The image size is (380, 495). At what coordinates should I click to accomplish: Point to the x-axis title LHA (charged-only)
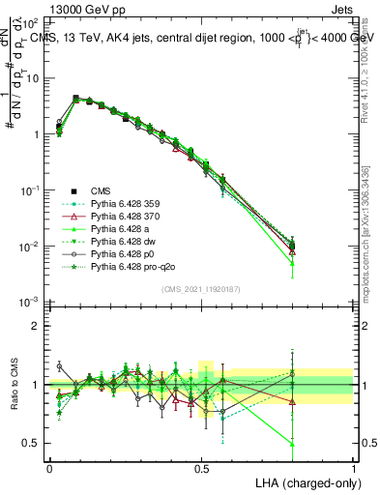click(303, 481)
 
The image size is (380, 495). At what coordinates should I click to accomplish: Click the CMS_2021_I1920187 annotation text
click(201, 289)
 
